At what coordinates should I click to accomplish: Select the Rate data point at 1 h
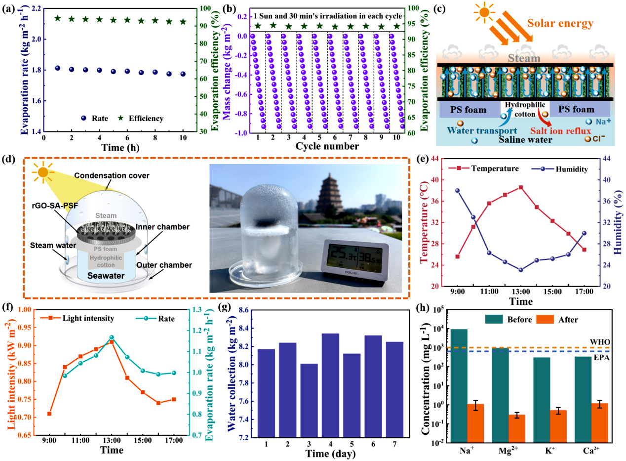click(57, 68)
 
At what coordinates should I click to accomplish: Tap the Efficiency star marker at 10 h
click(183, 22)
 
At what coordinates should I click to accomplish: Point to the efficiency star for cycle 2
click(273, 26)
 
